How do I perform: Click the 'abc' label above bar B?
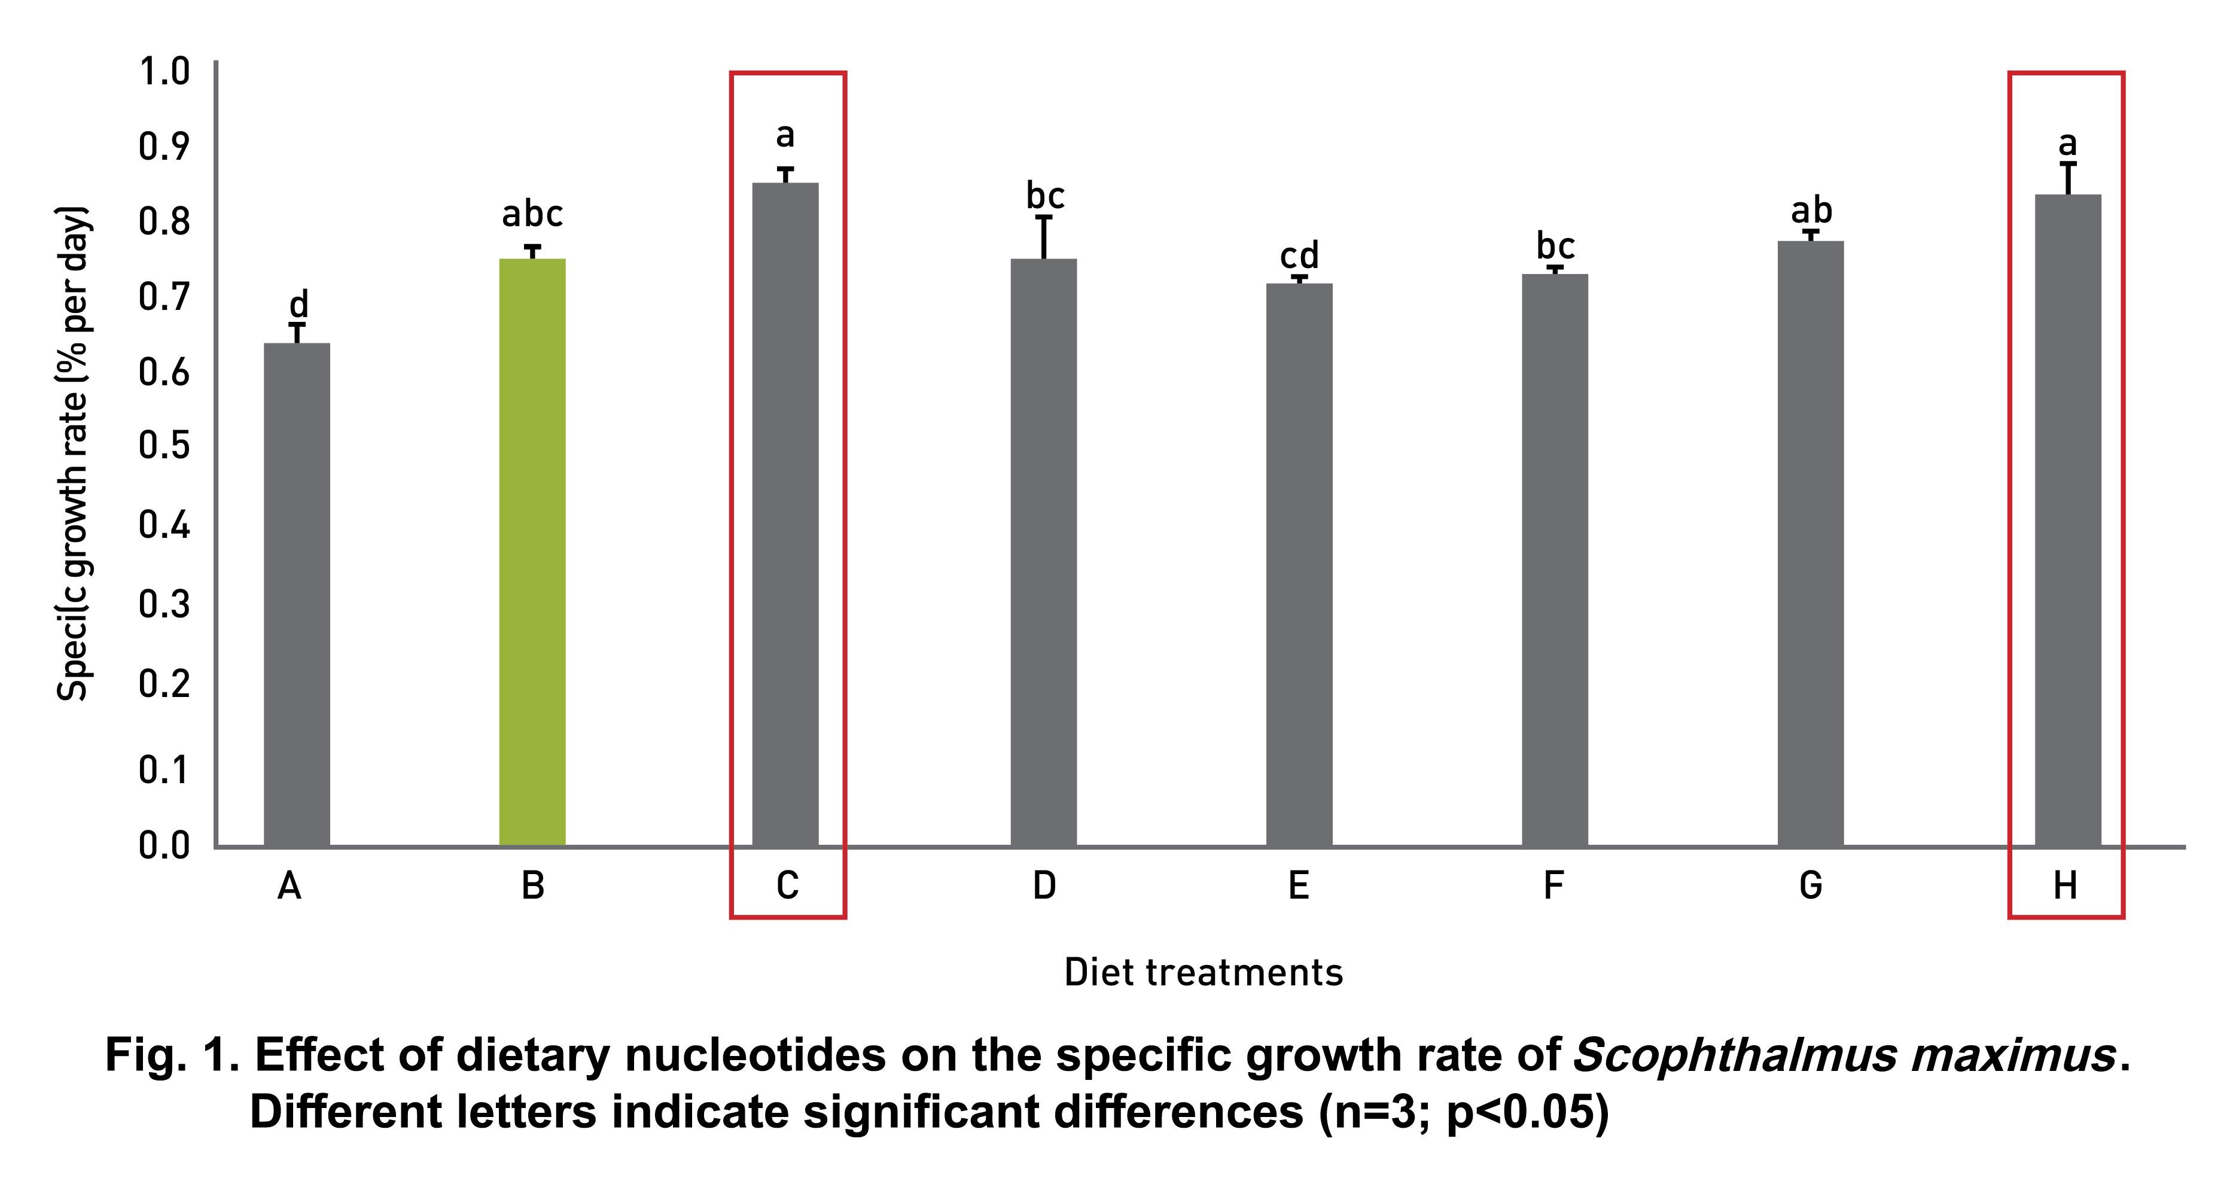[532, 214]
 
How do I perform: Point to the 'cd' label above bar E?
[1299, 256]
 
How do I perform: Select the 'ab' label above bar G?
[1811, 211]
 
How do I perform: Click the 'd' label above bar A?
[297, 305]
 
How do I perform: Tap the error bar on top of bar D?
[1044, 237]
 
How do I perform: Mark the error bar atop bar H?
[2069, 178]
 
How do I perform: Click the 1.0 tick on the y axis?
[164, 71]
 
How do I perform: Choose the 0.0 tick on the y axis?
[164, 845]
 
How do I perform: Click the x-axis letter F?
[1553, 885]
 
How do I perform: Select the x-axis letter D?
[1044, 885]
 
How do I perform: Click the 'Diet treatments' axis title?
[1203, 973]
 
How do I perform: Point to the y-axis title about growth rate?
[73, 454]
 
